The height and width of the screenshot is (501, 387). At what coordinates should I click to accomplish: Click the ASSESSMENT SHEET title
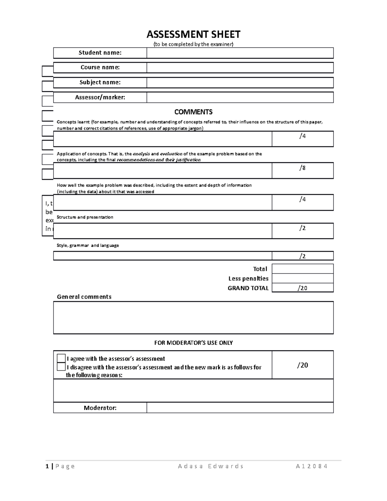coord(193,34)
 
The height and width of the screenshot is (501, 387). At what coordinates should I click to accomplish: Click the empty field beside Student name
coord(240,53)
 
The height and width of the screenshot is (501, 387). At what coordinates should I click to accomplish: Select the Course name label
coord(100,67)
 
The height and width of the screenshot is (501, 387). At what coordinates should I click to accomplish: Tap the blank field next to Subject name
coord(240,83)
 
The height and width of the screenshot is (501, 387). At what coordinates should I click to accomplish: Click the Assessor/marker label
coord(100,97)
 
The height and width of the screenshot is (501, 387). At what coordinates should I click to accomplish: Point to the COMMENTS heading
coord(193,112)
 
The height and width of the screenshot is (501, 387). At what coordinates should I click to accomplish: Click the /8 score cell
coord(302,170)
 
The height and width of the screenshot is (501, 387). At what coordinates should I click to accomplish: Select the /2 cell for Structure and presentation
coord(302,231)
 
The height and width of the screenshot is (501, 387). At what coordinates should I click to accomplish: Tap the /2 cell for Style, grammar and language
coord(302,256)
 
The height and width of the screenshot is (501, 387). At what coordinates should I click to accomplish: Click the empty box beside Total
coord(302,269)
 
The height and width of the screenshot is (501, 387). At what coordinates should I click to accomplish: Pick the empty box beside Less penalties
coord(302,278)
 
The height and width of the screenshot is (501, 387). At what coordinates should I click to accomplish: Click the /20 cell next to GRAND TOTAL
coord(302,288)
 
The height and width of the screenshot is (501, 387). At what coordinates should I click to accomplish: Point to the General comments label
coord(84,297)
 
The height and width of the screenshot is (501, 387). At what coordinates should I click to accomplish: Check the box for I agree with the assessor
coord(61,358)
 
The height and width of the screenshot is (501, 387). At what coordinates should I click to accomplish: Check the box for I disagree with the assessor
coord(61,367)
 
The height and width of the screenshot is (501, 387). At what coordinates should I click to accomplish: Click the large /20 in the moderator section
coord(302,365)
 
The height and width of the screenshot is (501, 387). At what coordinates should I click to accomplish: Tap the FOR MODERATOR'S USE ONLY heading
coord(193,343)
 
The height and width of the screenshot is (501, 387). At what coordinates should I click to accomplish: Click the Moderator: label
coord(100,408)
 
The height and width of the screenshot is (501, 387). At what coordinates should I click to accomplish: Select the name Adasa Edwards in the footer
coord(211,466)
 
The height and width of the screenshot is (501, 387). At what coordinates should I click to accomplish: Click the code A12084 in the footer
coord(312,466)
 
